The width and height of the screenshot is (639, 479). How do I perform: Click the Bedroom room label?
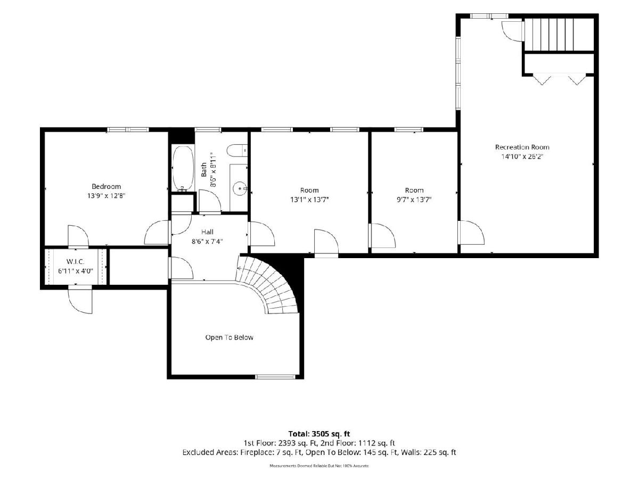click(x=106, y=186)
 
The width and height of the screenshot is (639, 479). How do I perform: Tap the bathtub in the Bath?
click(x=183, y=169)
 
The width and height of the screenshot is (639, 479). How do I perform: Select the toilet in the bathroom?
click(x=236, y=151)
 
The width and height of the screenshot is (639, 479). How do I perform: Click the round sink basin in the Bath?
click(x=240, y=188)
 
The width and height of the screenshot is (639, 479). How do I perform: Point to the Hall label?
click(x=207, y=232)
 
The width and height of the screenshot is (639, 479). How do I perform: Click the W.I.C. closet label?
click(x=76, y=262)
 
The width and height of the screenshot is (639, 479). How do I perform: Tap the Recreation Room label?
click(x=522, y=147)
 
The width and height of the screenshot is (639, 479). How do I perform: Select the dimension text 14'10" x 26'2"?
click(x=522, y=156)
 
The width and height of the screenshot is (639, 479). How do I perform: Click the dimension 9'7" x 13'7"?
click(x=414, y=200)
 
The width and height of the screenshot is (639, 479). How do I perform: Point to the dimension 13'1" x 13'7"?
click(x=309, y=200)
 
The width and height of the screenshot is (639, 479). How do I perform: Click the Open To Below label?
click(x=230, y=337)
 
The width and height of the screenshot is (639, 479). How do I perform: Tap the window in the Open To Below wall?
click(x=275, y=377)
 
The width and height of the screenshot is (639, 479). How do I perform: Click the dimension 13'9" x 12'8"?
click(x=106, y=196)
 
